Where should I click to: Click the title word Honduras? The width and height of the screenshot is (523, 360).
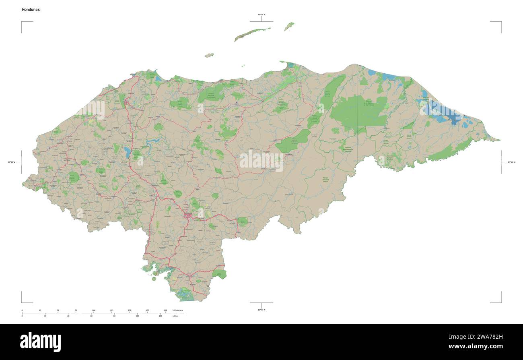tap(31, 9)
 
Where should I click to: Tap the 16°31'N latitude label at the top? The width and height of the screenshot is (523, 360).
tap(261, 15)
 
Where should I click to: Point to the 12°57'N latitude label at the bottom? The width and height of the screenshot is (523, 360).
tap(261, 310)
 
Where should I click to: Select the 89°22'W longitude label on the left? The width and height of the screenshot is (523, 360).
tap(11, 162)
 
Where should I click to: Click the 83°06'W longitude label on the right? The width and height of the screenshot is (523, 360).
tap(511, 162)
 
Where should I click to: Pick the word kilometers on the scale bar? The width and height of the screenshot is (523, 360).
tap(177, 310)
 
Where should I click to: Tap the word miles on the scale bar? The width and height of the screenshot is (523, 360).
tap(175, 316)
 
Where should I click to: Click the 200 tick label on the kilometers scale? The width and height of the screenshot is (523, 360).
tap(165, 310)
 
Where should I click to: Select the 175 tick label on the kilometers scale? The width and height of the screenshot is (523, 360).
tap(147, 310)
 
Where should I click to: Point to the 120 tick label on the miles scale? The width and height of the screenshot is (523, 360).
tap(160, 316)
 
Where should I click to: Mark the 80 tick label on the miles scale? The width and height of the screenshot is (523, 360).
tap(114, 316)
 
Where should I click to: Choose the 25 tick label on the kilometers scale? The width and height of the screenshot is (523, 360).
tap(40, 310)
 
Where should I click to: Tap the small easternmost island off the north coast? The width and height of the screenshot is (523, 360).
tap(289, 26)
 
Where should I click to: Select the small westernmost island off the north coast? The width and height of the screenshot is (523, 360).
tap(209, 55)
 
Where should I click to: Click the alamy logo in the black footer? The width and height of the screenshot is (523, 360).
tap(40, 342)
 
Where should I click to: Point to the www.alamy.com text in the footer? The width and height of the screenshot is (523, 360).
tap(476, 346)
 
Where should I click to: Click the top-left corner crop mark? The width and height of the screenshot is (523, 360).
tap(22, 22)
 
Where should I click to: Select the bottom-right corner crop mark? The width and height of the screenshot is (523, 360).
tap(501, 302)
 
